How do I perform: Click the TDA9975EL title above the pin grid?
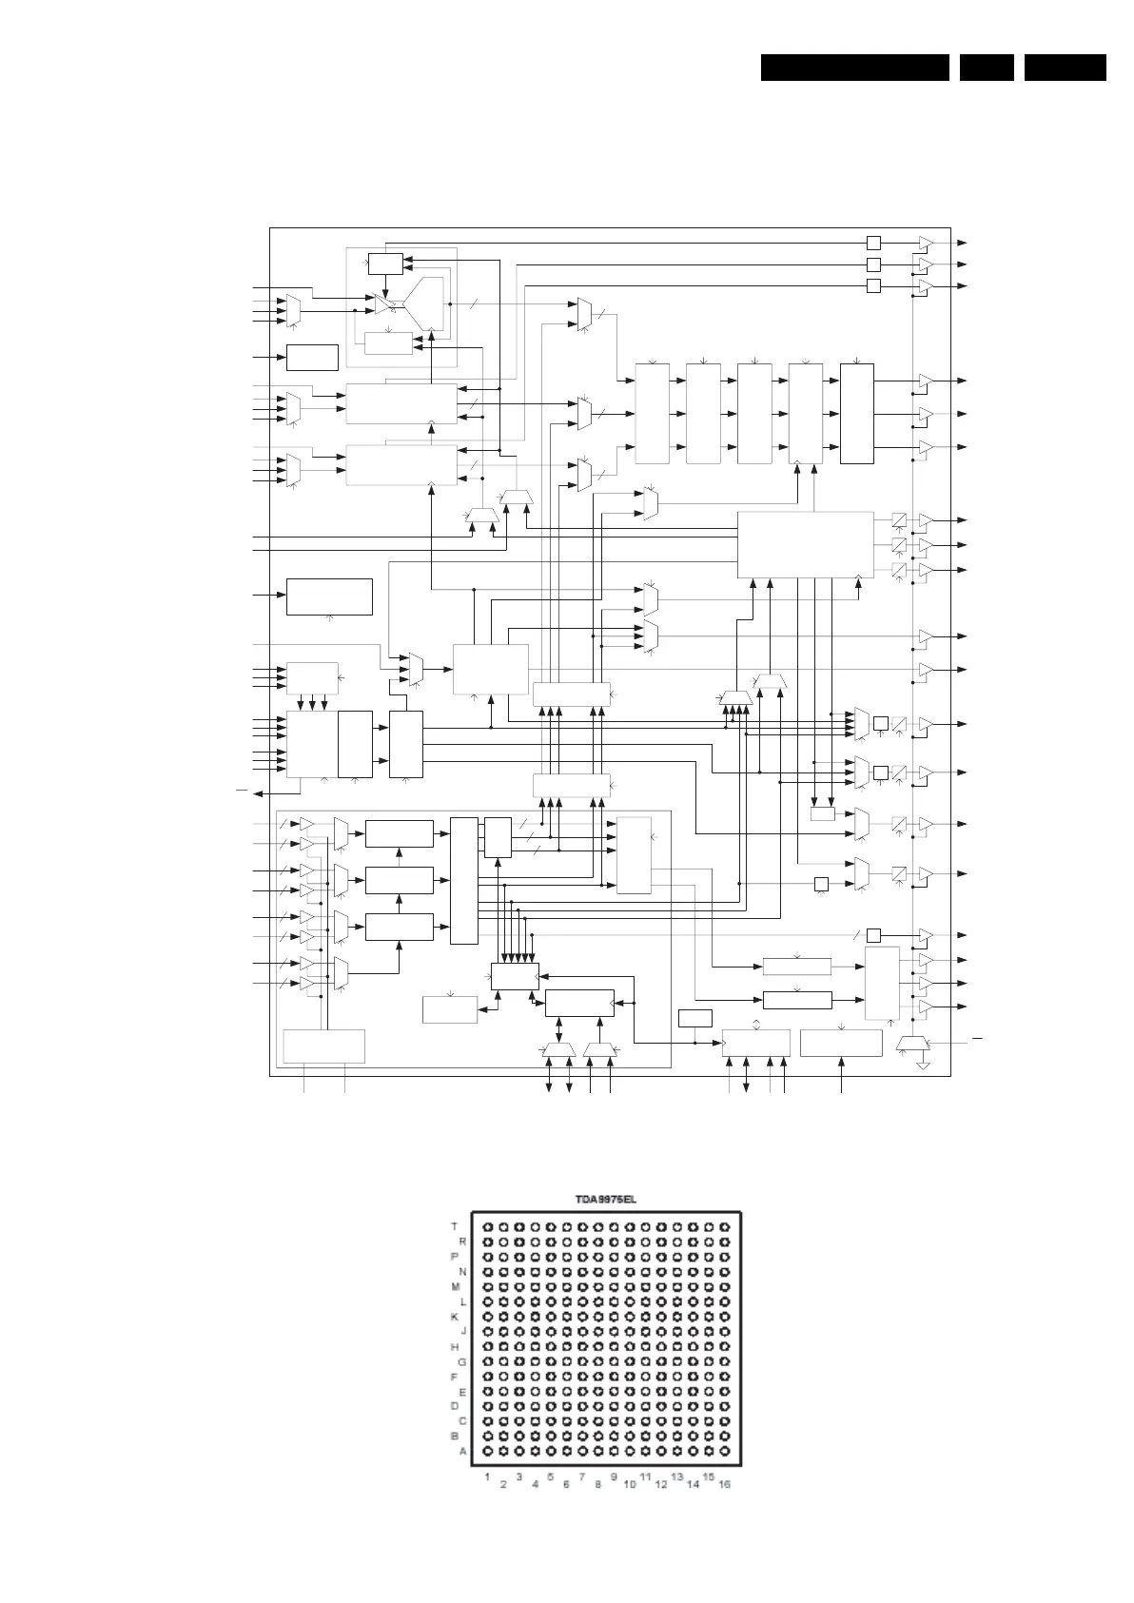(x=605, y=1199)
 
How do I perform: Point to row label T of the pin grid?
(x=455, y=1226)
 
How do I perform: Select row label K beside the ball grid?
(x=455, y=1317)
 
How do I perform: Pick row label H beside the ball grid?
(x=455, y=1347)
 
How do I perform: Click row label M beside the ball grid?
(x=455, y=1286)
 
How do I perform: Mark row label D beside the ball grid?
(x=455, y=1406)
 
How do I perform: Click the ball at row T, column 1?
(x=488, y=1227)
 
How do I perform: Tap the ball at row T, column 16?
(x=725, y=1227)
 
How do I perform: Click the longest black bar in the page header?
(x=855, y=68)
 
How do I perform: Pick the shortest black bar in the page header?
(x=987, y=68)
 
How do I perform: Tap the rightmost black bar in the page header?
(x=1066, y=68)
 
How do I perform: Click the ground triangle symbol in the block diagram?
(x=922, y=1065)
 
